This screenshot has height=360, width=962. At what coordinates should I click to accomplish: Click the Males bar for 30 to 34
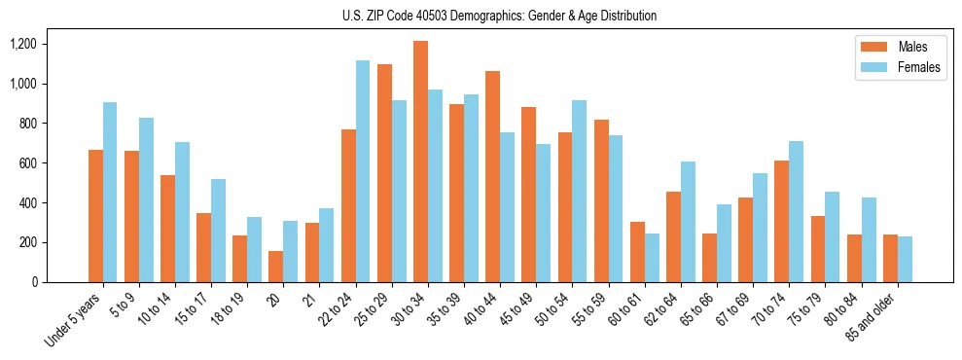[420, 162]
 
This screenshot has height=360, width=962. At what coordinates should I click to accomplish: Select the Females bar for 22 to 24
[363, 171]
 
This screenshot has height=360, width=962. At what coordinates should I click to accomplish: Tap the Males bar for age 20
[276, 267]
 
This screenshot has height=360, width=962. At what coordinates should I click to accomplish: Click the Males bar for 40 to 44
[492, 176]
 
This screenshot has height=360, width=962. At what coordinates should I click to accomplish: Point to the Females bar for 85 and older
[905, 259]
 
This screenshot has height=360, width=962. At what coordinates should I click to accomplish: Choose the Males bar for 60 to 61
[637, 252]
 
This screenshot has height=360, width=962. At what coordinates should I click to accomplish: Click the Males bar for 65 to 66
[709, 258]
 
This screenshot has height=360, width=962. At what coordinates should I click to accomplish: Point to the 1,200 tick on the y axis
[22, 44]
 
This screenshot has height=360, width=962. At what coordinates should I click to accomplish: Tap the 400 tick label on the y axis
[26, 202]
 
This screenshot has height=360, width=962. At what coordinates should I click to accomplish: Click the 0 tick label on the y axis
[34, 282]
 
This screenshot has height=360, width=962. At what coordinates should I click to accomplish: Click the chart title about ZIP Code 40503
[500, 16]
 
